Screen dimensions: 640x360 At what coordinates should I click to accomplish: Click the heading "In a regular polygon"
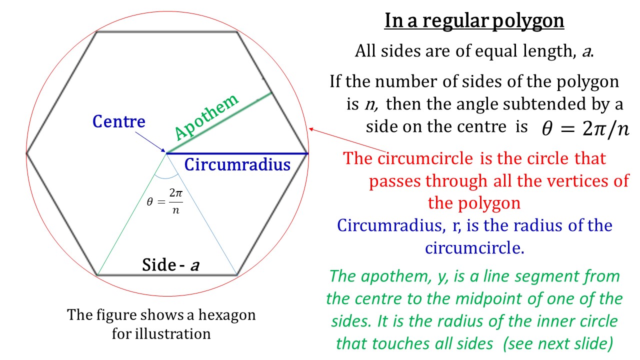pos(474,21)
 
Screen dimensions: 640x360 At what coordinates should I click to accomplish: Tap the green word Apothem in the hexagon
pos(206,117)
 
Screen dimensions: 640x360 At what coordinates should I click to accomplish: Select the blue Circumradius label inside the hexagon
pos(237,164)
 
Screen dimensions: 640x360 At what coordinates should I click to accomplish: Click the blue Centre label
pos(119,121)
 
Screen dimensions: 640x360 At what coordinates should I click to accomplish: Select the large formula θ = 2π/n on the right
pos(585,128)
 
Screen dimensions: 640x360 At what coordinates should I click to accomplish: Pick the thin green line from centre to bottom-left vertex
pos(131,215)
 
